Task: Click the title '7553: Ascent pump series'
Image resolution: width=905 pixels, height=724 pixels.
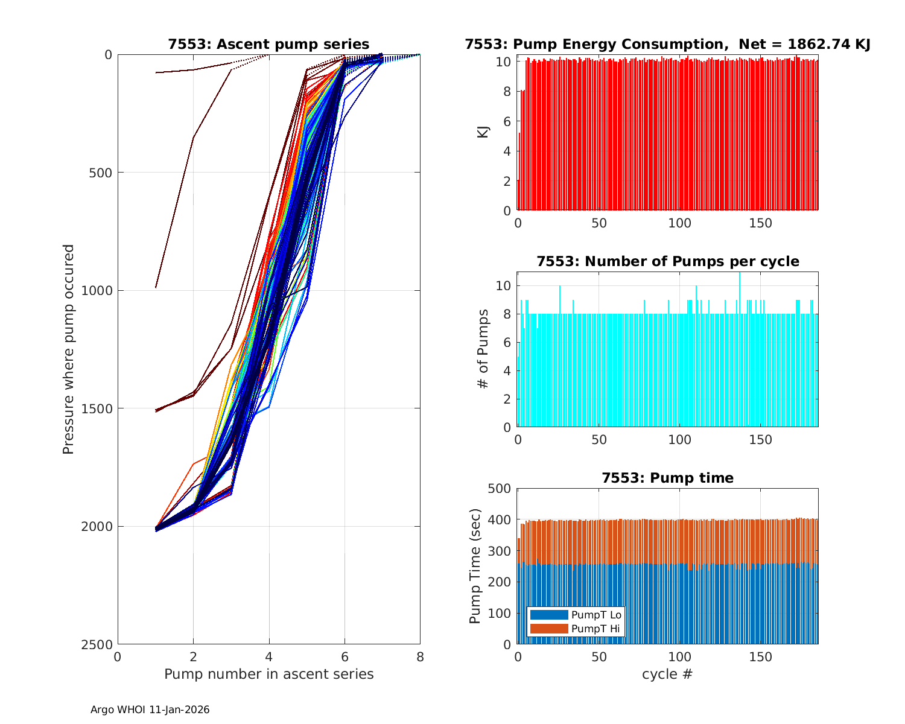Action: pyautogui.click(x=268, y=44)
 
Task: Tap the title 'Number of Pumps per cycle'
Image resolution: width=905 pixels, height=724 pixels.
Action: pyautogui.click(x=667, y=261)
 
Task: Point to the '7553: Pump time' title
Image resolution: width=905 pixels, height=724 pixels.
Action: pyautogui.click(x=667, y=478)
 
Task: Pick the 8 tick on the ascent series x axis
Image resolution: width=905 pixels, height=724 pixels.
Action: pyautogui.click(x=420, y=657)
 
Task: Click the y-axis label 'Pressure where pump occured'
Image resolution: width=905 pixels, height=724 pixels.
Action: pyautogui.click(x=68, y=349)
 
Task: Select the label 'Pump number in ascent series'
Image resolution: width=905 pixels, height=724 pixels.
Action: pyautogui.click(x=268, y=674)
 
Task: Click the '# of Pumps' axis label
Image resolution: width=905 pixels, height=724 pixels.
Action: pyautogui.click(x=483, y=349)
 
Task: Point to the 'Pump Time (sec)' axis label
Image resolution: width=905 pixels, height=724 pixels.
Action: pyautogui.click(x=475, y=567)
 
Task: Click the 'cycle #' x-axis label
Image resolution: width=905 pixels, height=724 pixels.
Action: pyautogui.click(x=667, y=674)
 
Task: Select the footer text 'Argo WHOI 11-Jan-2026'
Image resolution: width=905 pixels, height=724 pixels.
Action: pyautogui.click(x=150, y=710)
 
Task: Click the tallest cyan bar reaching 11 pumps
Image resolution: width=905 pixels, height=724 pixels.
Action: pyautogui.click(x=740, y=350)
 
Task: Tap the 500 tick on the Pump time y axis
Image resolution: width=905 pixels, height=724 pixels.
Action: pyautogui.click(x=499, y=489)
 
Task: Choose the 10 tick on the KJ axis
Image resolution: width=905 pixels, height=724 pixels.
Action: pyautogui.click(x=504, y=62)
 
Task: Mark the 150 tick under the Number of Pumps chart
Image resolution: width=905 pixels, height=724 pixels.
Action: pyautogui.click(x=760, y=440)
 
